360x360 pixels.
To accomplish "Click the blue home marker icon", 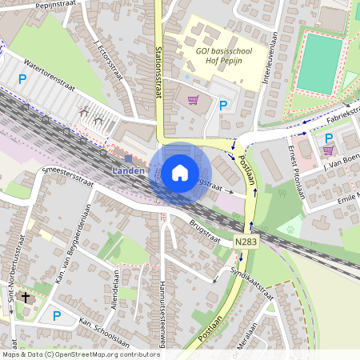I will pos(180,172).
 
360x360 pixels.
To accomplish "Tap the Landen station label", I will pos(127,170).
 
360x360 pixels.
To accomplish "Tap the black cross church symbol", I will pos(26,298).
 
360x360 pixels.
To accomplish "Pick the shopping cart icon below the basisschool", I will pos(193,100).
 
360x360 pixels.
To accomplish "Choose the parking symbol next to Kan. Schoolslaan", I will pos(56,316).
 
